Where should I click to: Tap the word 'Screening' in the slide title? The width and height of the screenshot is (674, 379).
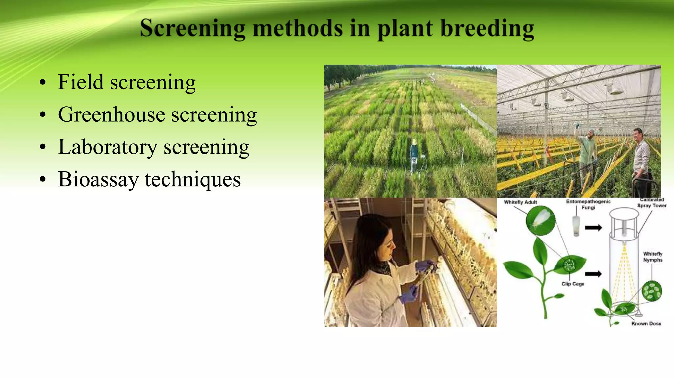[x=193, y=29]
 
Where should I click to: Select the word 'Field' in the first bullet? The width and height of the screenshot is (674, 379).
[x=80, y=82]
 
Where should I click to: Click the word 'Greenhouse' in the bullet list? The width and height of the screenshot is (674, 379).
[x=112, y=115]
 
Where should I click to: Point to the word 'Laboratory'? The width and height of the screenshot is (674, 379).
[x=108, y=147]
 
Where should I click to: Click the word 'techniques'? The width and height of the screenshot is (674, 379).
[x=193, y=180]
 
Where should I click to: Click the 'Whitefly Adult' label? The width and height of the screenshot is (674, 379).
[x=520, y=202]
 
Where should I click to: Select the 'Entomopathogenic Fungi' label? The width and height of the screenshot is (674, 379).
[x=588, y=204]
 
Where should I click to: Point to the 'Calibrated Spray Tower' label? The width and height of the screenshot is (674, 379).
[x=652, y=203]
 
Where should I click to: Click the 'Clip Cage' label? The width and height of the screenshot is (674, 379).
[x=573, y=284]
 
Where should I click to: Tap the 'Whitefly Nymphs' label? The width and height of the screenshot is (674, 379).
[x=653, y=257]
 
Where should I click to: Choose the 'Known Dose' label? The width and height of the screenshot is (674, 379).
[x=646, y=324]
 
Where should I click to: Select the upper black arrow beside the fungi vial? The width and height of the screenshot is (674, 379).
[x=593, y=228]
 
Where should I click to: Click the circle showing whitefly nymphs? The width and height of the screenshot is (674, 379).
[x=652, y=291]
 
